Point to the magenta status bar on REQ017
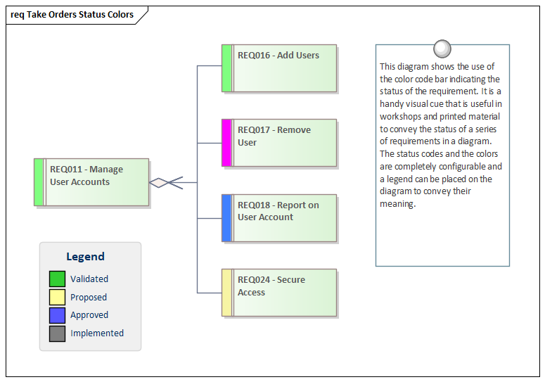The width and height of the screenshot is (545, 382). [226, 143]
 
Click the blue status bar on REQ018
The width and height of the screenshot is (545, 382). [226, 218]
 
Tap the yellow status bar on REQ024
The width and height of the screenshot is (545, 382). [226, 293]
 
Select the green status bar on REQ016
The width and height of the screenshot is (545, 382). [226, 68]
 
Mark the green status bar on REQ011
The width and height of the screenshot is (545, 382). [39, 182]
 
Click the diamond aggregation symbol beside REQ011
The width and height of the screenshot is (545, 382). [160, 183]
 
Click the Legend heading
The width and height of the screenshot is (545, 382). [85, 257]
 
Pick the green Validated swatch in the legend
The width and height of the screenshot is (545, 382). [57, 279]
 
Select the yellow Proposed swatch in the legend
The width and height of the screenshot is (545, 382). [57, 298]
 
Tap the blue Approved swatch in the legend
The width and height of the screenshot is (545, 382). [57, 315]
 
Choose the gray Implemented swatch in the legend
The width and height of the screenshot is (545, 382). [57, 333]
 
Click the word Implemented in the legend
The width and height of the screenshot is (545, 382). [97, 333]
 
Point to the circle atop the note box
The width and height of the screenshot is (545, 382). [442, 48]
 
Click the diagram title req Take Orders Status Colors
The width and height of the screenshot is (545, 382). [72, 15]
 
